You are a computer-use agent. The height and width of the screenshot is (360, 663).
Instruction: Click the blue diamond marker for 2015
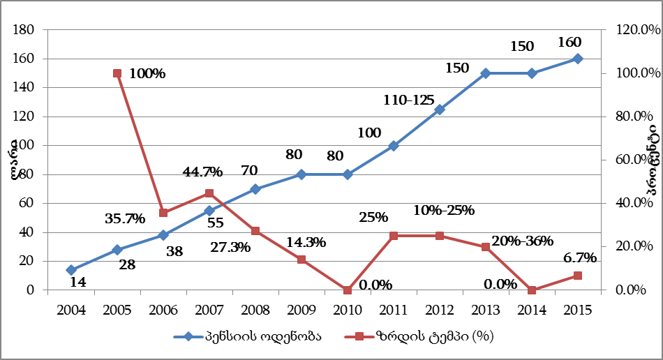point(578,59)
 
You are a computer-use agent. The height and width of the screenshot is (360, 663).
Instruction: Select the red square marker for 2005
point(117,73)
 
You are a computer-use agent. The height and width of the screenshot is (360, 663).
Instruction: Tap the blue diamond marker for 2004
point(71,270)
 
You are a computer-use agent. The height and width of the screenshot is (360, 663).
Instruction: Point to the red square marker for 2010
point(348,290)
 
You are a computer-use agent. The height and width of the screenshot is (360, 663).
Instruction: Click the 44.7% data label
point(202,172)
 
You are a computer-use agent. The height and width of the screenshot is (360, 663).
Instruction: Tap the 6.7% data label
point(579,257)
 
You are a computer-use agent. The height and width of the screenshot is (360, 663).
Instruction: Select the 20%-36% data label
point(522,241)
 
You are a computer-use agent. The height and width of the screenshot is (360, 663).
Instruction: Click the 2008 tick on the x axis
point(255,308)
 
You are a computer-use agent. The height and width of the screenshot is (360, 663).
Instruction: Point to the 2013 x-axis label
point(486,308)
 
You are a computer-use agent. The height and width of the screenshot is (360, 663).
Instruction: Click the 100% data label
point(147,73)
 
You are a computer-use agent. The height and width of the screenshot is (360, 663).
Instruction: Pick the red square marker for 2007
point(209,193)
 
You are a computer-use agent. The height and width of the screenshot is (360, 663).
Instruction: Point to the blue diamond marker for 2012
point(440,110)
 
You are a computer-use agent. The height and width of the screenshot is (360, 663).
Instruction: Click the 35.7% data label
point(125,218)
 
